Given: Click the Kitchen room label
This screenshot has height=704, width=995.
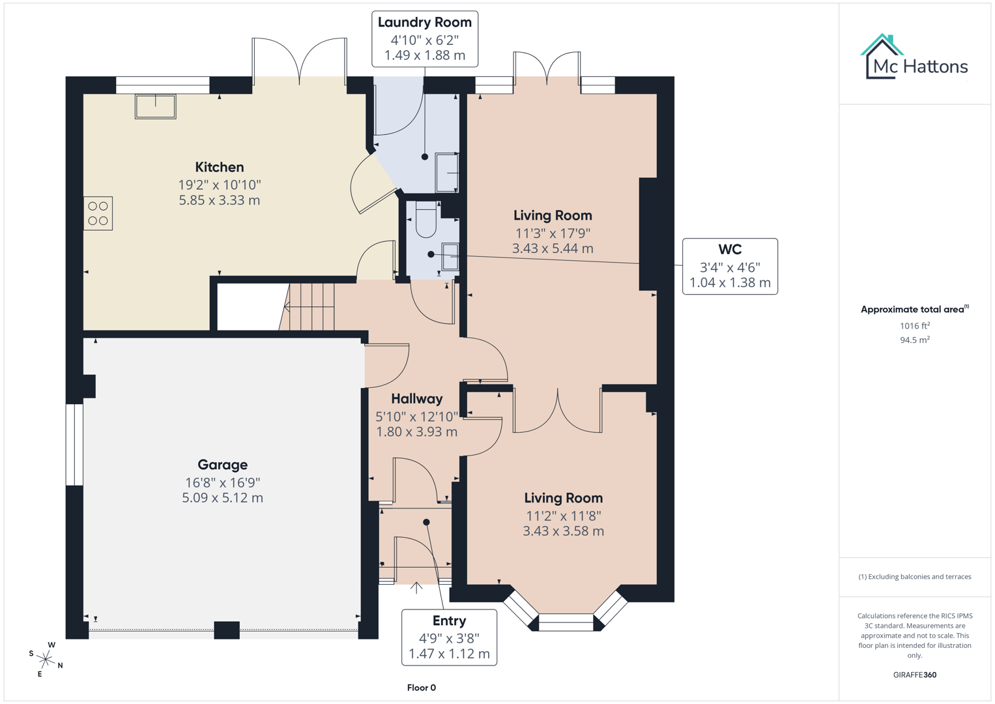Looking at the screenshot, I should pyautogui.click(x=220, y=168).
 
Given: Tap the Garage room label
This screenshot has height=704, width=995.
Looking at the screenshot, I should pyautogui.click(x=222, y=465).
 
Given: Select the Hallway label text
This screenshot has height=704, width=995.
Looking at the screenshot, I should pyautogui.click(x=416, y=399).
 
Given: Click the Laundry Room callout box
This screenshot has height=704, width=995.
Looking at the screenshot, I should pyautogui.click(x=424, y=38).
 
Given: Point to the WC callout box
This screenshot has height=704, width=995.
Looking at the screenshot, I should pyautogui.click(x=730, y=266).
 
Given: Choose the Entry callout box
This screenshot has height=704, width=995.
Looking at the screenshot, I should pyautogui.click(x=449, y=637).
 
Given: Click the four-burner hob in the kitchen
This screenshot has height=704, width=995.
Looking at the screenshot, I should pyautogui.click(x=98, y=213).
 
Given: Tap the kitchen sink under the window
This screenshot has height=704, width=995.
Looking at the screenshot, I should pyautogui.click(x=155, y=106).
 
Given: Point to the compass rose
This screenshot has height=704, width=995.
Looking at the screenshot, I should pyautogui.click(x=46, y=659).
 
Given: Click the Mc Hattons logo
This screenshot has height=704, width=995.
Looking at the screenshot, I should pyautogui.click(x=914, y=59).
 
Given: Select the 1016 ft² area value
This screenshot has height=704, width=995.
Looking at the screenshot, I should pyautogui.click(x=914, y=326).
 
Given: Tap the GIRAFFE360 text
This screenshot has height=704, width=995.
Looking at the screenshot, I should pyautogui.click(x=914, y=675).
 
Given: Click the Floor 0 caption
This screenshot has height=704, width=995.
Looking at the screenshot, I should pyautogui.click(x=421, y=688).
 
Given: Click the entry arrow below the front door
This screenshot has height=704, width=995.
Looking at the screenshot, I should pyautogui.click(x=416, y=588).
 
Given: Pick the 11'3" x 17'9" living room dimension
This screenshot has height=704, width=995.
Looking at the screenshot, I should pyautogui.click(x=553, y=233).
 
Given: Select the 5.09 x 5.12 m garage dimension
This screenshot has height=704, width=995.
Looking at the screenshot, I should pyautogui.click(x=222, y=498).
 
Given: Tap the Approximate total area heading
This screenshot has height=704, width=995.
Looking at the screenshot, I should pyautogui.click(x=914, y=310).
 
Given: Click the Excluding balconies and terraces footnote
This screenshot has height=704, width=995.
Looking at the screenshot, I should pyautogui.click(x=914, y=577).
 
